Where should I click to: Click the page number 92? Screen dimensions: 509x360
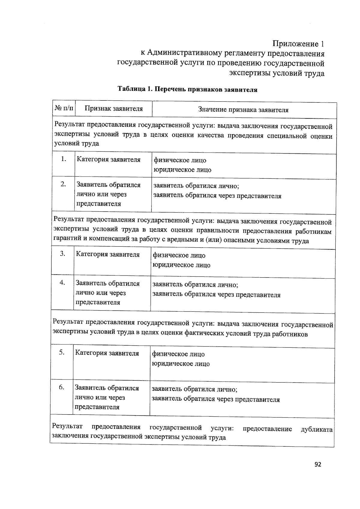pos(318,464)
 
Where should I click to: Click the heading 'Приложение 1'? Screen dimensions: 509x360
pos(298,44)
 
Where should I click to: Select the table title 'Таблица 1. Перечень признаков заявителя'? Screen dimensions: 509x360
pos(187,89)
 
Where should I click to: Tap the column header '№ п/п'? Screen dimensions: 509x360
pos(64,108)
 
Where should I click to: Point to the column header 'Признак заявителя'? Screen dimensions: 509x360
pos(113,109)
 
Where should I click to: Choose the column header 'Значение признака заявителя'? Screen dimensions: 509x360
pos(243,110)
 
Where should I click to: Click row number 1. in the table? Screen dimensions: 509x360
pos(63,159)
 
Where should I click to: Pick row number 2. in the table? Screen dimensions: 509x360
pos(63,184)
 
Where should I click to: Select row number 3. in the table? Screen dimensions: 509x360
pos(62,254)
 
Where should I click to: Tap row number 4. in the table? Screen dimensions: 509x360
pos(62,282)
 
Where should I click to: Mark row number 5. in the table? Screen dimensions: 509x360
pos(61,353)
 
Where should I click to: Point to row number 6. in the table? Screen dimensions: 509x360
pos(61,387)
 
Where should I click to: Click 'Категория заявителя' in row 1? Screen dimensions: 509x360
pos(109,159)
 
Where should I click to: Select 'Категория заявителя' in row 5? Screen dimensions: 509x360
pos(107,353)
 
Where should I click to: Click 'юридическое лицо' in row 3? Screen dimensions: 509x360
pos(181,265)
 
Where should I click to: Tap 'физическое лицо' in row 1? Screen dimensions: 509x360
pos(180,160)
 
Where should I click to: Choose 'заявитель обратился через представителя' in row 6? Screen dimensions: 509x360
pos(216,399)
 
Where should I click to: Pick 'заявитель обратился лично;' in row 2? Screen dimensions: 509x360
pos(196,186)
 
